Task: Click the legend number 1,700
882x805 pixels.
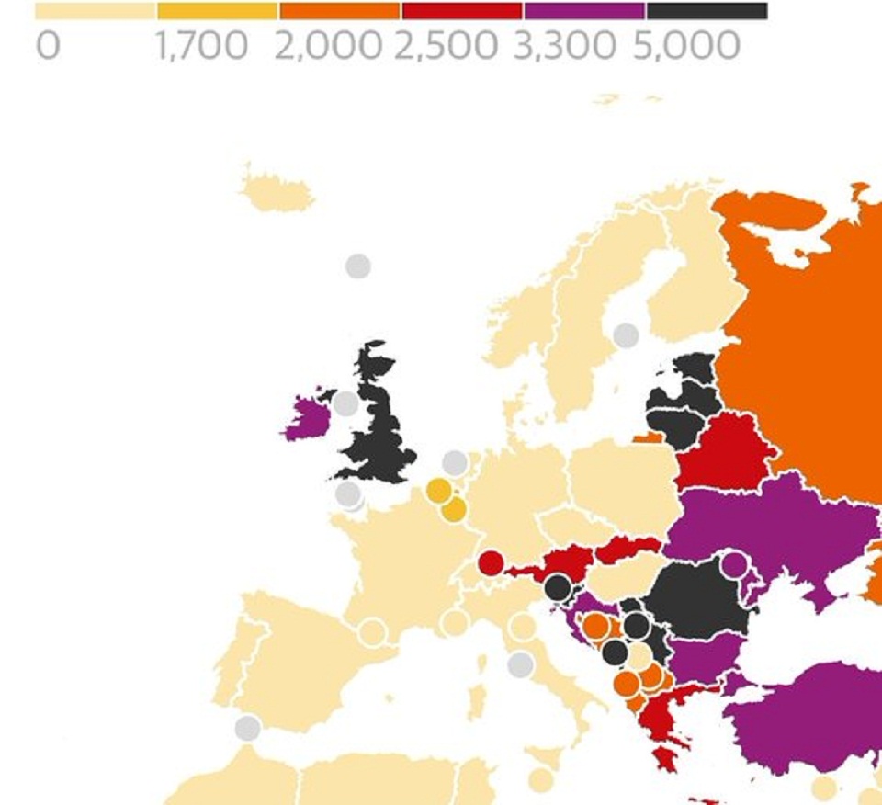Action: [x=202, y=46]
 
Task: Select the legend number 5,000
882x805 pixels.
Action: [x=685, y=46]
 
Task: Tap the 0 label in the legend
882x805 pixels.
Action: [x=48, y=46]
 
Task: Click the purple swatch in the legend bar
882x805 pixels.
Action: [x=584, y=11]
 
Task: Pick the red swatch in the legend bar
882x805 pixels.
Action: [x=462, y=11]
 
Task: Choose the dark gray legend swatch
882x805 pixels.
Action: [x=707, y=11]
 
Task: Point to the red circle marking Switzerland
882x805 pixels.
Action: [x=491, y=562]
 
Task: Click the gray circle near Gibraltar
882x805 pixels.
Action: [x=247, y=729]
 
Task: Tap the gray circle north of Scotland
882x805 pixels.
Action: [x=357, y=266]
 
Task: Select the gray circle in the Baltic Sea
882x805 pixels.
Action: [x=626, y=335]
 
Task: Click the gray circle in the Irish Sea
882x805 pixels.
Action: [x=345, y=403]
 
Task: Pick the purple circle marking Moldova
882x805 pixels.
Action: [x=734, y=565]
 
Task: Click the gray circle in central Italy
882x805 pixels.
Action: [x=521, y=664]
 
